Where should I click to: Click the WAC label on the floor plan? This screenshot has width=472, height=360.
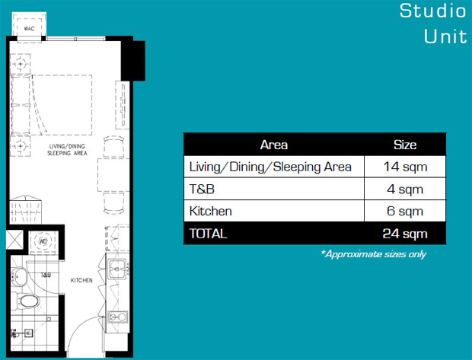pyautogui.click(x=29, y=29)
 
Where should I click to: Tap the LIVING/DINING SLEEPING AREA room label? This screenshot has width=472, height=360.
pyautogui.click(x=67, y=150)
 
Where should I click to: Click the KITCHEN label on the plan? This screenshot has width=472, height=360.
pyautogui.click(x=81, y=281)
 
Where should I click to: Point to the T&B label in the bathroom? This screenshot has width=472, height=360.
pyautogui.click(x=46, y=275)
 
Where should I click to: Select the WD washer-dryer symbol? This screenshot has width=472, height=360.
pyautogui.click(x=43, y=241)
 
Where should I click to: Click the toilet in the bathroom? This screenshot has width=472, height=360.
pyautogui.click(x=28, y=301)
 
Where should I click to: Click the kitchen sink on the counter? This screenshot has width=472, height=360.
pyautogui.click(x=117, y=269)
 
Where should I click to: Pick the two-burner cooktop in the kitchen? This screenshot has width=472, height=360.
pyautogui.click(x=118, y=317)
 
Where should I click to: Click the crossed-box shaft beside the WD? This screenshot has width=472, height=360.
pyautogui.click(x=14, y=240)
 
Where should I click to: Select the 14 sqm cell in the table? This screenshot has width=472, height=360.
pyautogui.click(x=405, y=167)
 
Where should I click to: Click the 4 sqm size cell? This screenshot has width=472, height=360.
pyautogui.click(x=405, y=189)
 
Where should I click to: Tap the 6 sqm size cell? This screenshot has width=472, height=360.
pyautogui.click(x=405, y=211)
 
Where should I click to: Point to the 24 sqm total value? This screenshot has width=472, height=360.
pyautogui.click(x=405, y=234)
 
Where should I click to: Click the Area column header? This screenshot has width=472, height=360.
pyautogui.click(x=274, y=145)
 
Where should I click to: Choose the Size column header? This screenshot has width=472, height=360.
pyautogui.click(x=405, y=145)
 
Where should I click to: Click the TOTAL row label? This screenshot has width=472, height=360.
pyautogui.click(x=208, y=234)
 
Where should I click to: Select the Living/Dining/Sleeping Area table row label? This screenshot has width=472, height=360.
pyautogui.click(x=270, y=167)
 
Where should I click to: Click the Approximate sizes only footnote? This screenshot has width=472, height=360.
pyautogui.click(x=374, y=254)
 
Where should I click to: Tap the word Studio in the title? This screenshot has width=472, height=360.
pyautogui.click(x=433, y=11)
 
